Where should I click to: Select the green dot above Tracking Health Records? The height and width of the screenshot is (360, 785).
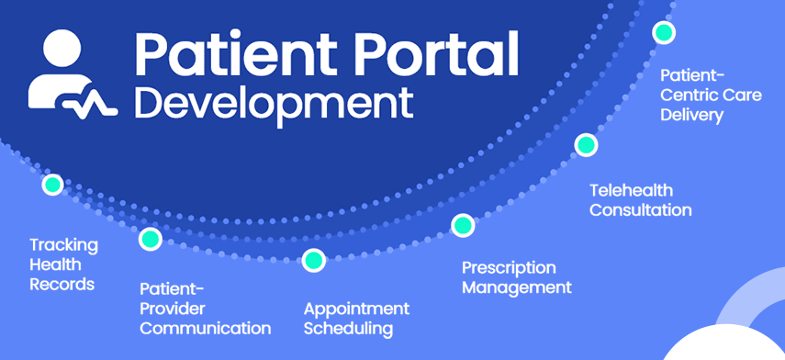tap(52, 185)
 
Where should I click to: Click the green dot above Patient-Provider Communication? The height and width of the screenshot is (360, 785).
tap(151, 239)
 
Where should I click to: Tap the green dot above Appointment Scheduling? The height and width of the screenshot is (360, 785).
tap(314, 261)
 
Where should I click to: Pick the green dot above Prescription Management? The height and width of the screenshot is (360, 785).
tap(463, 225)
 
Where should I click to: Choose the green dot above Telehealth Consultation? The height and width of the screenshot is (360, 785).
tap(586, 145)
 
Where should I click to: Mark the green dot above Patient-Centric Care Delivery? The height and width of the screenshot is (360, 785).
tap(664, 32)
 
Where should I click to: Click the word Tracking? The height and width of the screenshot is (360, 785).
tap(63, 246)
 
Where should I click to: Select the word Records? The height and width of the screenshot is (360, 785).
tap(62, 284)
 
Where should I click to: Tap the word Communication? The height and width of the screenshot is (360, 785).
tap(206, 329)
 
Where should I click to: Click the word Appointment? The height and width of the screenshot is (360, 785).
tap(356, 309)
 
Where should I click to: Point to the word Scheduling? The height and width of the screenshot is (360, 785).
tap(348, 330)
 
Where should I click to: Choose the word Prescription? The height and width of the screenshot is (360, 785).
tap(509, 268)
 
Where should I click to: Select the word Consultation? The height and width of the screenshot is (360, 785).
tap(640, 209)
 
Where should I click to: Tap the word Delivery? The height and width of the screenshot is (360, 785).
tap(692, 115)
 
